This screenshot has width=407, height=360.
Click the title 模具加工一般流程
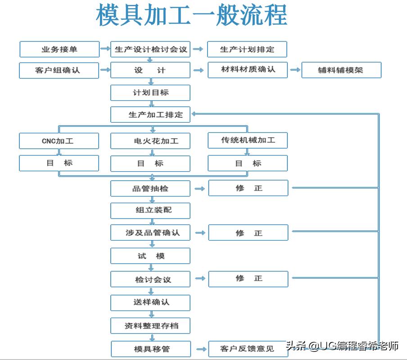click(191, 16)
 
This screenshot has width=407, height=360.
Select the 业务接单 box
click(59, 49)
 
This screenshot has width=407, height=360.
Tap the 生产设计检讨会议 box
click(150, 49)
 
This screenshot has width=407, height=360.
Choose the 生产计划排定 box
click(247, 49)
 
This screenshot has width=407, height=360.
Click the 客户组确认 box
click(59, 70)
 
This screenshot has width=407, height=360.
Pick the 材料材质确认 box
click(248, 70)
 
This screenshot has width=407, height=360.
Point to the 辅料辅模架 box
click(341, 70)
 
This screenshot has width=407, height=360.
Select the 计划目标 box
click(150, 93)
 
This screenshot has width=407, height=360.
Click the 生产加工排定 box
click(150, 114)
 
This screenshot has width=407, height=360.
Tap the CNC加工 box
click(59, 141)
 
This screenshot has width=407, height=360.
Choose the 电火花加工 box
click(150, 141)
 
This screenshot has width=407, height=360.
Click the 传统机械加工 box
click(248, 140)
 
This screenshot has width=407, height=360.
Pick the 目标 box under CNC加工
click(59, 163)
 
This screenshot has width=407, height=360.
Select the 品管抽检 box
click(150, 188)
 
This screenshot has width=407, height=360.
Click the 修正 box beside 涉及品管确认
click(248, 233)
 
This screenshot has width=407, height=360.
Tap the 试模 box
click(150, 256)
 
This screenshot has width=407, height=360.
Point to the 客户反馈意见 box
click(248, 349)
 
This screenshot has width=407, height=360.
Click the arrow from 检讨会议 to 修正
click(199, 279)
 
